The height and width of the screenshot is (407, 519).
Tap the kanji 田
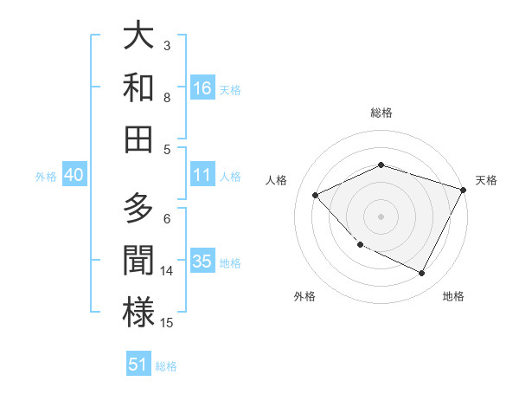point(138,138)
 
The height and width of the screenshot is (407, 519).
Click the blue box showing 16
point(202,87)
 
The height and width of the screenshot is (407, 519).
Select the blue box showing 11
point(202,175)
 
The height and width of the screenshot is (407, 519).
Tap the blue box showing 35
point(202,262)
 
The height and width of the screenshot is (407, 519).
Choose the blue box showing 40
point(74,175)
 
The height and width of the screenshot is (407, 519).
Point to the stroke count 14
point(167,270)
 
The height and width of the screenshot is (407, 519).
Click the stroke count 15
point(167,322)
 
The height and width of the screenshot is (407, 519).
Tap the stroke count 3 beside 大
point(167,46)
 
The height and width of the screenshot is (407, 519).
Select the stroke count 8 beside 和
point(167,97)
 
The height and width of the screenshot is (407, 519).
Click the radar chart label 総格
point(381,113)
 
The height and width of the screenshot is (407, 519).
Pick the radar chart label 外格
point(304,296)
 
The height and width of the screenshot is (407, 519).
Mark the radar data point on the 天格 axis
point(463,190)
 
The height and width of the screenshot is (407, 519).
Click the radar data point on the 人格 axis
point(316,195)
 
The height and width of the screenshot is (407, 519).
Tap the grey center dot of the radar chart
point(381,216)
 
